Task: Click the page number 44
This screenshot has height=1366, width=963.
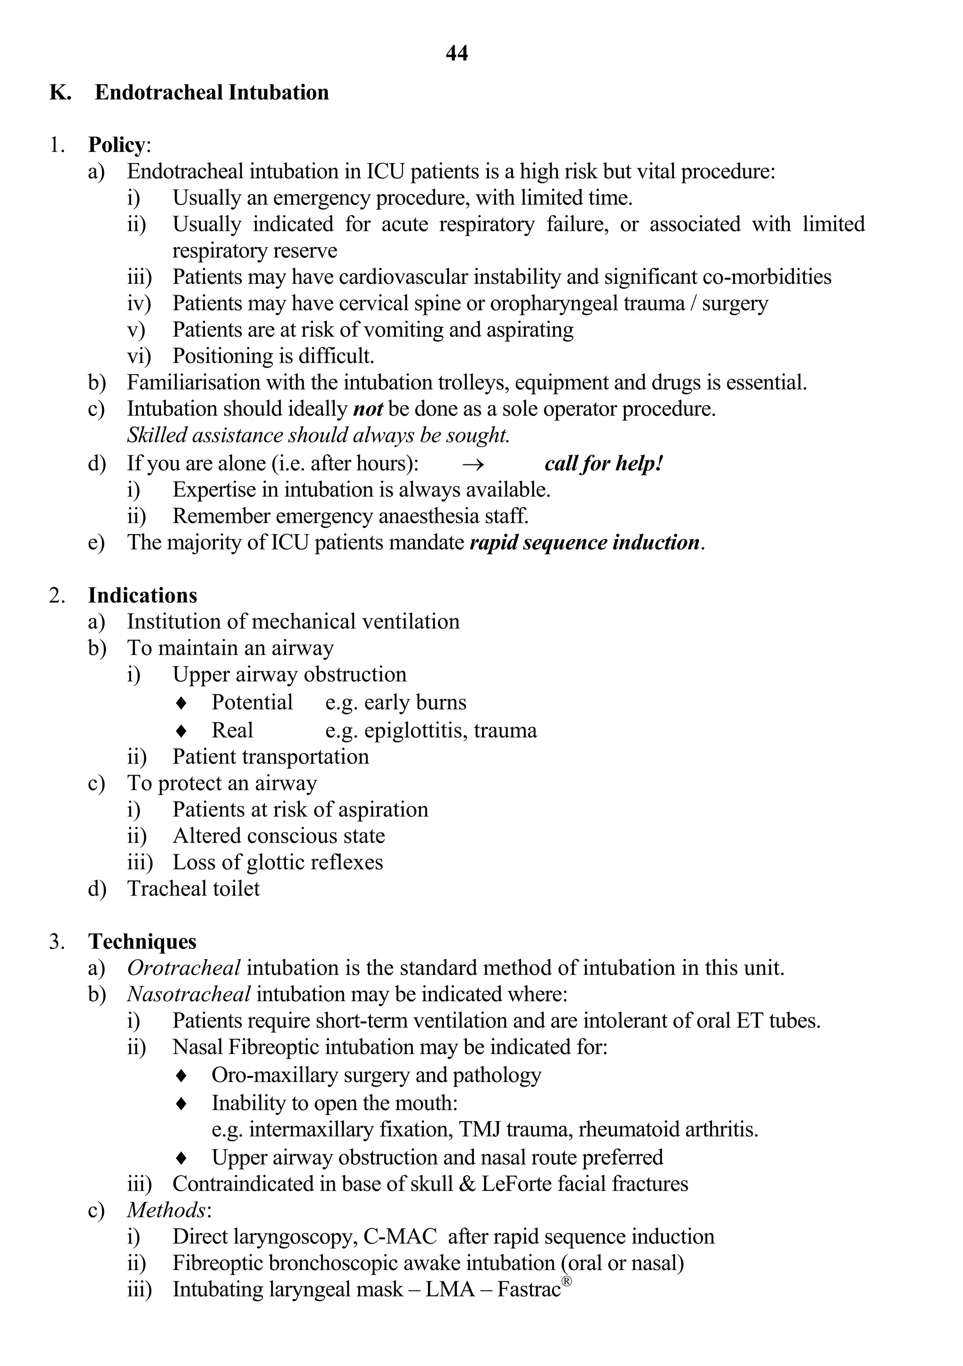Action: coord(457,54)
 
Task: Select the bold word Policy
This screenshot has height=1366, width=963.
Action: coord(117,145)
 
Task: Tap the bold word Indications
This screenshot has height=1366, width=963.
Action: coord(142,596)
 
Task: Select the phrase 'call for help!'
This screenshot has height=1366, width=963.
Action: coord(603,463)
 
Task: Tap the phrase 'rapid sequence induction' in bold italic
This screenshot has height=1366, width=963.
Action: coord(584,542)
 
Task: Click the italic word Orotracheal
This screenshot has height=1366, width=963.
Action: coord(184,968)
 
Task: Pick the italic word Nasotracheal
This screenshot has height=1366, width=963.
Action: coord(189,994)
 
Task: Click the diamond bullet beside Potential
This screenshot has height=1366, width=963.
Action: coord(182,703)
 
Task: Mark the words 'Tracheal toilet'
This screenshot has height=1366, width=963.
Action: coord(193,889)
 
